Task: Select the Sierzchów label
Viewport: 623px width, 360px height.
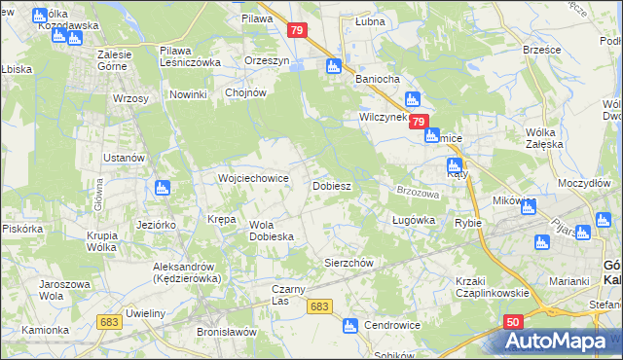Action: (348, 263)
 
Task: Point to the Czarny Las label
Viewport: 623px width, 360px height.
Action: (294, 294)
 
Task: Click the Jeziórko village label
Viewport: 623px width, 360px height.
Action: (156, 224)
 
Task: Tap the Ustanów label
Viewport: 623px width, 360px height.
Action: (125, 158)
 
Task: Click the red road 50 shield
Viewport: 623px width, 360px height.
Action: (513, 321)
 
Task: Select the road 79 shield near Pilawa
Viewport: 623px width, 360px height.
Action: (299, 31)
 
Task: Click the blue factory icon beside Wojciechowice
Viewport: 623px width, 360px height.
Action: (164, 188)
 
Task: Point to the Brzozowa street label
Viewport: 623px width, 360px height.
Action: (418, 192)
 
